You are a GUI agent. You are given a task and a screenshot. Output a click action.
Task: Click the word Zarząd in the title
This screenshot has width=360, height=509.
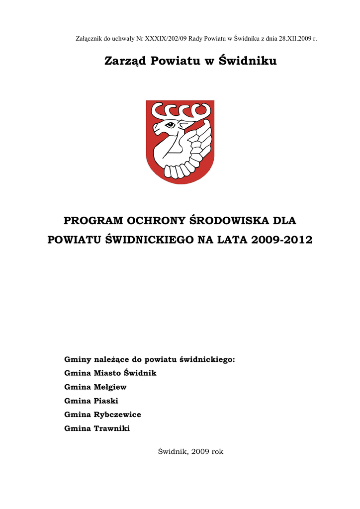(x=125, y=61)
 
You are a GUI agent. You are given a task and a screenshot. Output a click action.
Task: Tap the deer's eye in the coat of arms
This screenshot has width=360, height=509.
(x=171, y=125)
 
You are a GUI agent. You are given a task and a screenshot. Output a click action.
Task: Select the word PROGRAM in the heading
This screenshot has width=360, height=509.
(x=93, y=220)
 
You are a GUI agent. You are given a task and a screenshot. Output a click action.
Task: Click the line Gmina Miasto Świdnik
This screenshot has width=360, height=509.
(x=110, y=373)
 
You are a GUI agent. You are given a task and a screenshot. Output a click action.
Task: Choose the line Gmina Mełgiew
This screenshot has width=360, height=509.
(x=95, y=387)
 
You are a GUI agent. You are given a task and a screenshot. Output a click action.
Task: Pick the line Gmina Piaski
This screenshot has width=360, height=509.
(x=91, y=401)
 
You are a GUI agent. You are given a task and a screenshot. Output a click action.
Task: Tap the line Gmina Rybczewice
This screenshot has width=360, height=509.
(x=103, y=415)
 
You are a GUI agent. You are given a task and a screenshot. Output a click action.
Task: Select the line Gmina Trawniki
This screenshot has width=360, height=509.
(x=97, y=428)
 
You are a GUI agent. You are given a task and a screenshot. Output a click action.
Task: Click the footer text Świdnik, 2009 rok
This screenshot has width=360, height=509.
(x=190, y=452)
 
